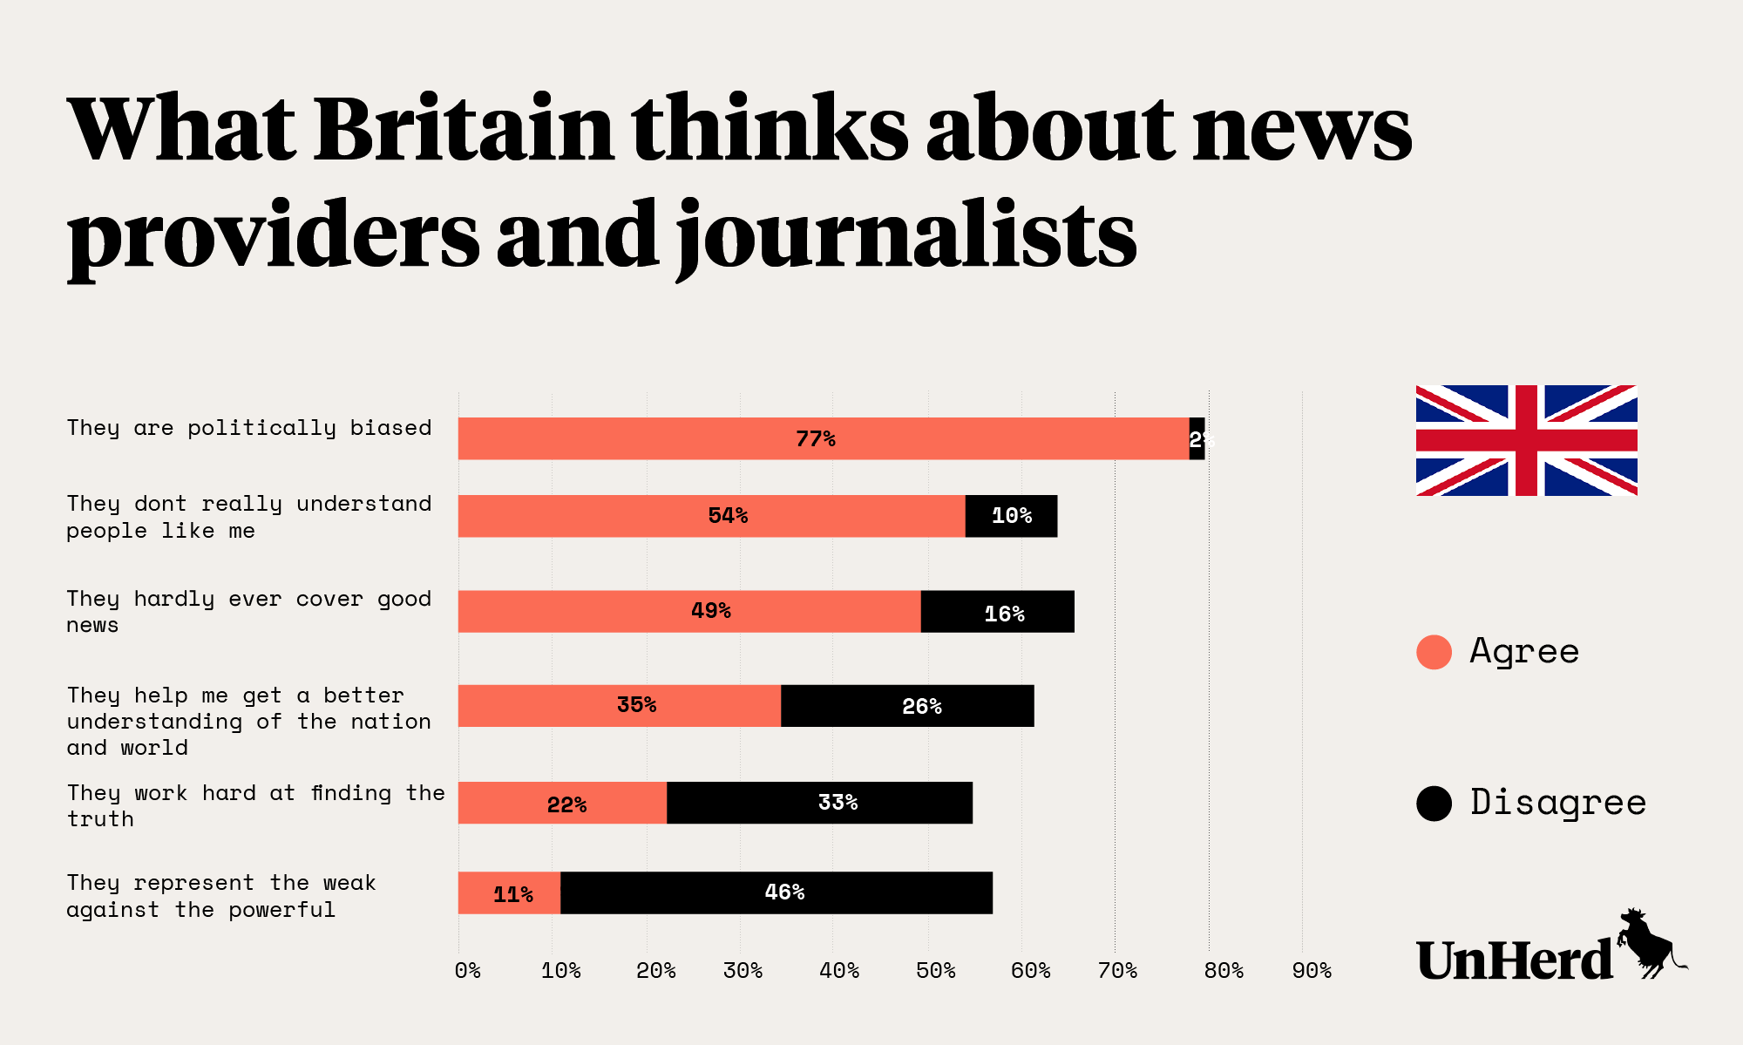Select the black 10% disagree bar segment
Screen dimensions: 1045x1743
point(1011,516)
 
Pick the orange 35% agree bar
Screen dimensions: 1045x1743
point(619,705)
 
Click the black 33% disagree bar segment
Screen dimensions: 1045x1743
point(819,802)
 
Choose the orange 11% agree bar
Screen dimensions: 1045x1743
point(509,892)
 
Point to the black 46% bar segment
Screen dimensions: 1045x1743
point(776,892)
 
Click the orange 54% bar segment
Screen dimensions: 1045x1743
point(711,516)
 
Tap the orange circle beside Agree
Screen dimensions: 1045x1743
point(1434,652)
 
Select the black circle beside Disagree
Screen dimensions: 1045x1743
point(1434,803)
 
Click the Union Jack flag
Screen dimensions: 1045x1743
point(1526,440)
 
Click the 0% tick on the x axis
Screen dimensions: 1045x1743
point(468,971)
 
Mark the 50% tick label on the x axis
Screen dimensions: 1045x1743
point(935,971)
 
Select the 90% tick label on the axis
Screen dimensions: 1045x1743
point(1311,971)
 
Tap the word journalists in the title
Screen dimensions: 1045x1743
point(906,235)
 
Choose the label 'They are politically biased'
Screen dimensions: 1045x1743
point(249,428)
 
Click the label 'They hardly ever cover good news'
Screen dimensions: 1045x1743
point(249,611)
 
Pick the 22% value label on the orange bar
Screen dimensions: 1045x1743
point(566,804)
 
